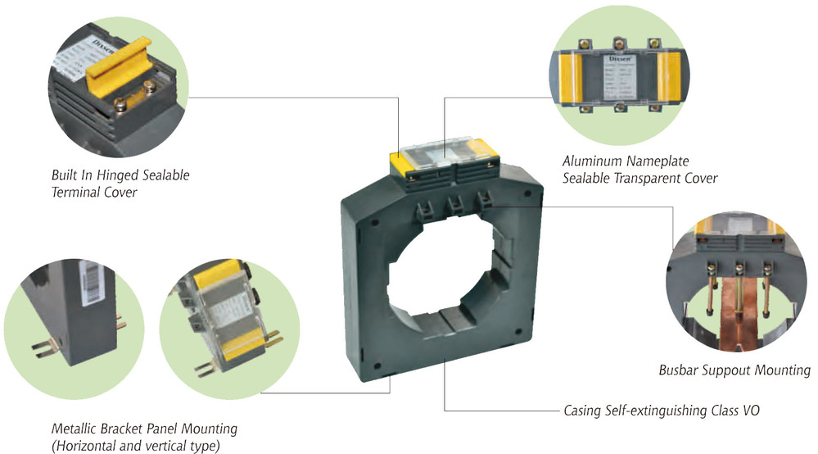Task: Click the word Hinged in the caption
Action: click(111, 176)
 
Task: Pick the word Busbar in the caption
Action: click(679, 370)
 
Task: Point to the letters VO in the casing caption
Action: click(750, 409)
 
